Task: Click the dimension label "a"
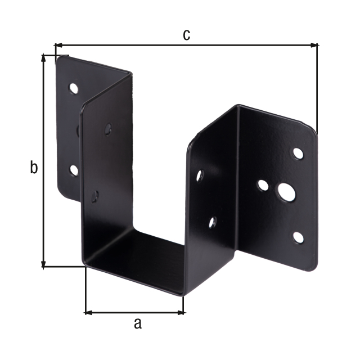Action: point(138,324)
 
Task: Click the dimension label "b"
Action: point(34,168)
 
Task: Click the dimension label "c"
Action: point(186,35)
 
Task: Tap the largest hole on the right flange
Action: point(286,192)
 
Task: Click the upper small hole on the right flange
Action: point(298,154)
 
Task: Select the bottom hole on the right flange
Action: point(298,237)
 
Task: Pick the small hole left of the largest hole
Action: point(263,185)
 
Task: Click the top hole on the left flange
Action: point(74,88)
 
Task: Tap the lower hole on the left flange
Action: point(74,170)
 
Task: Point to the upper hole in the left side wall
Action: point(108,129)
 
